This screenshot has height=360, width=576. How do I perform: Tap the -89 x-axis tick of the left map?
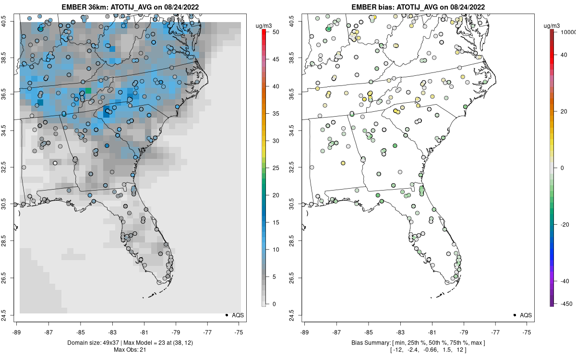pos(17,331)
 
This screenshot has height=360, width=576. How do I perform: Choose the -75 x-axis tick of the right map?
pos(527,331)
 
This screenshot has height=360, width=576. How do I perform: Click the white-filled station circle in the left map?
pos(55,163)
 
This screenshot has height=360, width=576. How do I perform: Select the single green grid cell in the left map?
pos(88,91)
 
